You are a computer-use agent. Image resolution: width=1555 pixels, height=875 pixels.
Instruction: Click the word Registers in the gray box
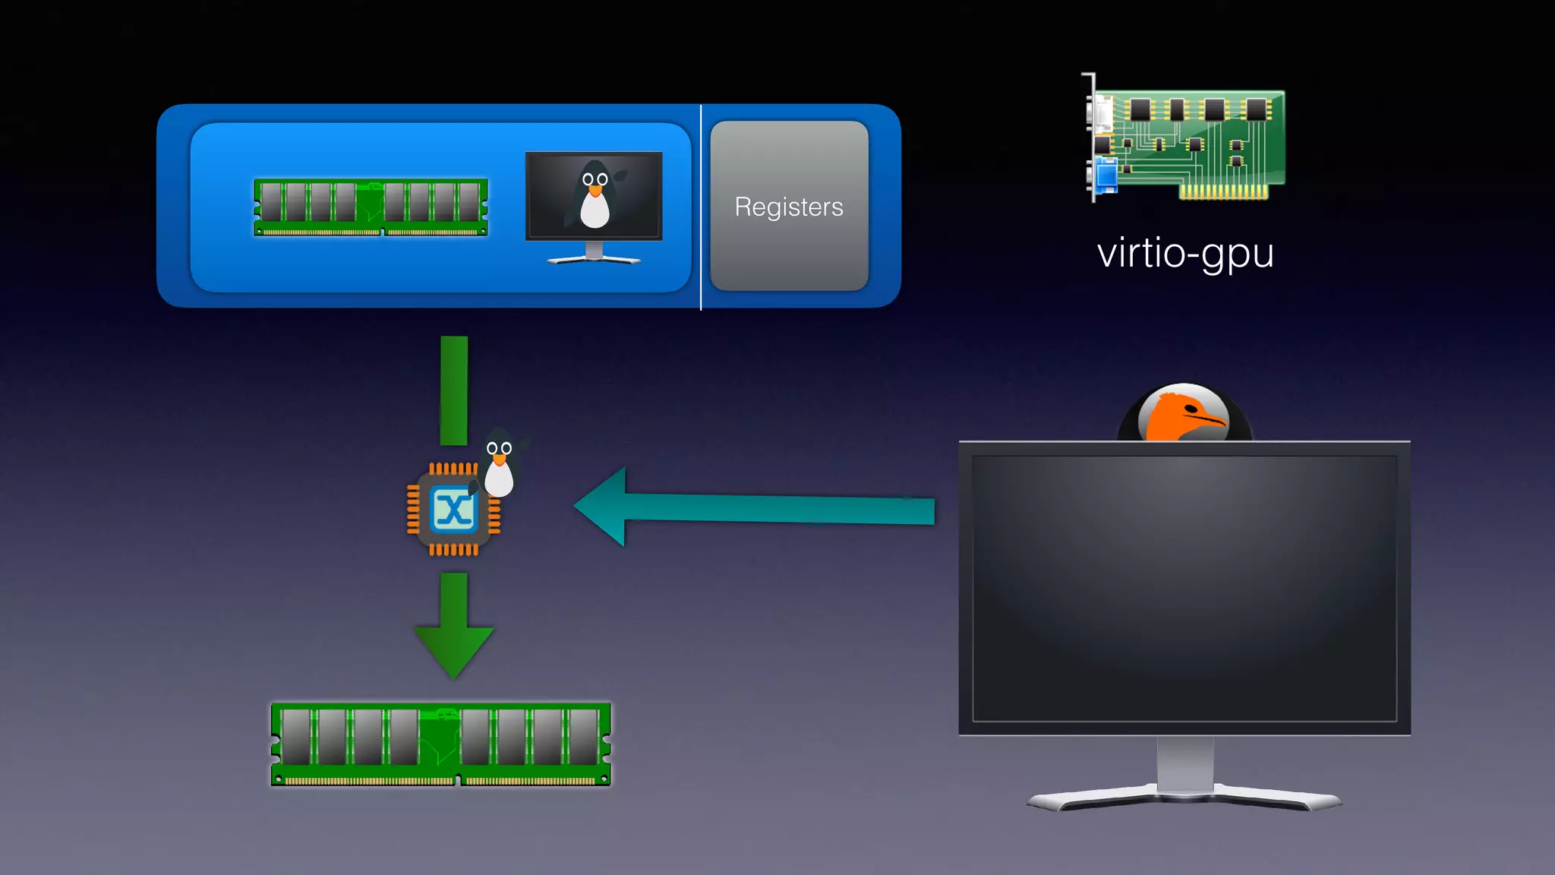(x=789, y=207)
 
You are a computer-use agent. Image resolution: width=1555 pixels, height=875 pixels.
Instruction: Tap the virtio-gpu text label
(x=1185, y=253)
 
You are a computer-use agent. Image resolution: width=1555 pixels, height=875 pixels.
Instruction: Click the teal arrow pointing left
(x=752, y=507)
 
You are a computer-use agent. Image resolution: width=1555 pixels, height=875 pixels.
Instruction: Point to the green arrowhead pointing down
(x=454, y=649)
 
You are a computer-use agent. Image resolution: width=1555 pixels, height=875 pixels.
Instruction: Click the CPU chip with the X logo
(x=453, y=510)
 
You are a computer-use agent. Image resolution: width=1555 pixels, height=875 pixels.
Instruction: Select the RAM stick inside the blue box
(x=371, y=207)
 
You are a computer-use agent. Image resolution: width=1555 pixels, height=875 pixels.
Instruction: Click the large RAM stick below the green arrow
(x=441, y=744)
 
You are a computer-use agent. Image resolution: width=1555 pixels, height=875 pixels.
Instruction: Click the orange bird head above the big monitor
(x=1184, y=414)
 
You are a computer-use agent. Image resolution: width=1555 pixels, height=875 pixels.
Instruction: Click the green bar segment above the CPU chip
(x=454, y=390)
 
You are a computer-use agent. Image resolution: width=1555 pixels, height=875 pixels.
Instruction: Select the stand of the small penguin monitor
(x=594, y=254)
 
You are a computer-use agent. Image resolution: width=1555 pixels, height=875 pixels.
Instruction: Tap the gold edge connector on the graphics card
(x=1223, y=192)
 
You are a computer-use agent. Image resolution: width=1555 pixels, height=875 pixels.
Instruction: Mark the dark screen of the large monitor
(x=1184, y=589)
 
